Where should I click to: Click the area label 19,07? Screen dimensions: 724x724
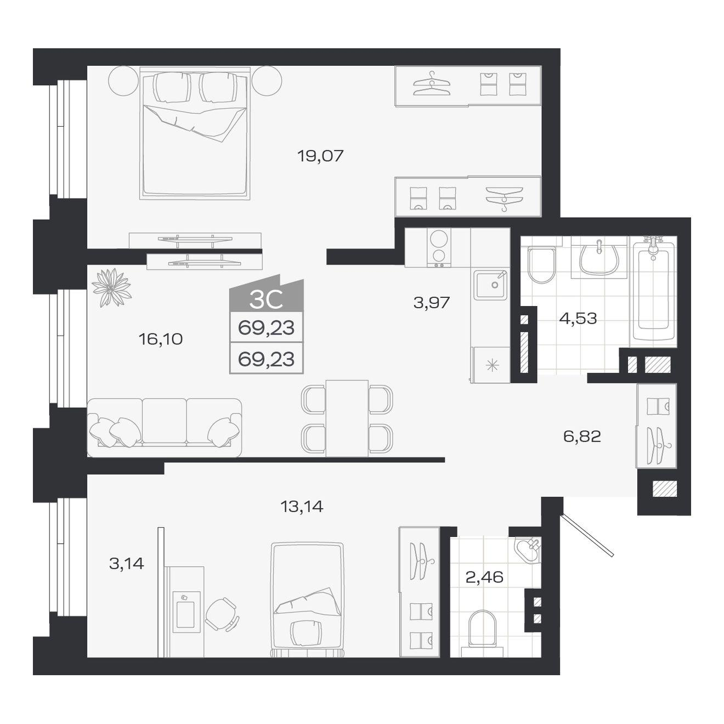tap(320, 156)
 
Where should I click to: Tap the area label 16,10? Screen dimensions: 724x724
tap(161, 340)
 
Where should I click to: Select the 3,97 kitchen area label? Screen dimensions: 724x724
tap(431, 302)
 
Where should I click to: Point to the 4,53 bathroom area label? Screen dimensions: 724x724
tap(578, 319)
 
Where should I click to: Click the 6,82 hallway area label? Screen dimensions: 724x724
tap(582, 436)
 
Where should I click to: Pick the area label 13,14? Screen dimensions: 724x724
tap(302, 506)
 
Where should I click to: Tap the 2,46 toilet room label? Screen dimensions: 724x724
tap(484, 576)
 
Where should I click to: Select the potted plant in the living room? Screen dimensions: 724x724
tap(111, 288)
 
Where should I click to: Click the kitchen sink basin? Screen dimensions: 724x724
tap(490, 285)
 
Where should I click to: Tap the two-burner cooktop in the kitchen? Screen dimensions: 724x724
tap(439, 247)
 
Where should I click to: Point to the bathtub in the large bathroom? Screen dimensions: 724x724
tap(653, 292)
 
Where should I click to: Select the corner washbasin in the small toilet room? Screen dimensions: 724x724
tap(528, 550)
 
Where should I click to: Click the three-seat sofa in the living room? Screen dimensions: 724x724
tap(165, 428)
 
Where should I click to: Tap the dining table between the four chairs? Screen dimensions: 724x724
tap(347, 418)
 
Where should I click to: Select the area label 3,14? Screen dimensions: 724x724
tap(127, 563)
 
